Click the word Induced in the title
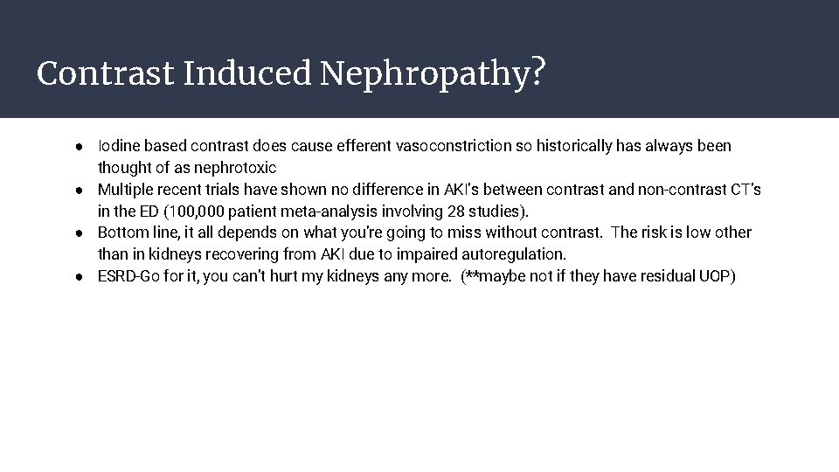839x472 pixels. click(x=246, y=74)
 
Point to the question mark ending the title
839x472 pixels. click(x=539, y=73)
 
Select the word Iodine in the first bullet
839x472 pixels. click(x=118, y=146)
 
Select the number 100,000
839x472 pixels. click(x=191, y=211)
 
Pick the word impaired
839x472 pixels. click(x=424, y=254)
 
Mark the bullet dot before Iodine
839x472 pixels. click(x=79, y=146)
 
